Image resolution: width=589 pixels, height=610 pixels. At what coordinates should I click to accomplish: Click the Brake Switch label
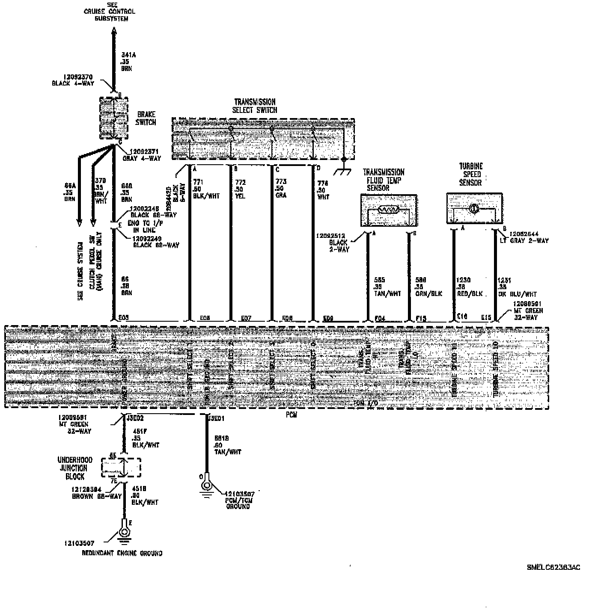146,118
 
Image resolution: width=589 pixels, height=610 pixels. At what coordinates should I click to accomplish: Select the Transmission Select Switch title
255,106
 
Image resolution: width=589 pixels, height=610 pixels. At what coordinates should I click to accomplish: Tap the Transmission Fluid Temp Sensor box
389,210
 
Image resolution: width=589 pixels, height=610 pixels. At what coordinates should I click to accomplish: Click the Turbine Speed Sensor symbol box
474,208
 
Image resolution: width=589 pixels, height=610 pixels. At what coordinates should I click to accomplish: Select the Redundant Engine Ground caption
122,553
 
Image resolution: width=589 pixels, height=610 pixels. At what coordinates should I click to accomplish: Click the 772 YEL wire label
241,189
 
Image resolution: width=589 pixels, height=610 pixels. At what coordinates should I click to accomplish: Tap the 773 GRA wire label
281,189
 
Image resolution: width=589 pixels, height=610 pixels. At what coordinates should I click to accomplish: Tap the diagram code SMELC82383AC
553,567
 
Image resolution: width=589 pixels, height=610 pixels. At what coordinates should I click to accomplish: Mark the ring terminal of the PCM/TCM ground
207,485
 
